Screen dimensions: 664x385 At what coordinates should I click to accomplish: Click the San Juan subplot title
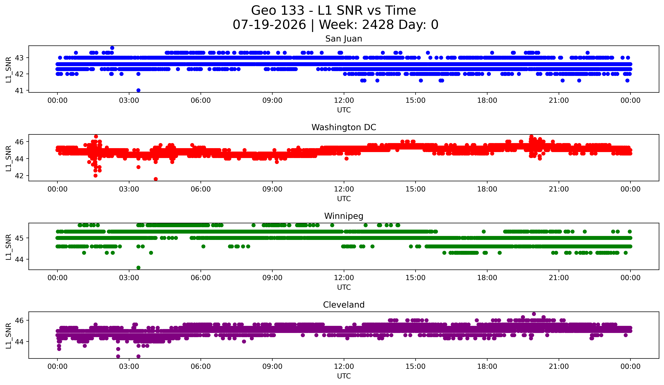pyautogui.click(x=344, y=39)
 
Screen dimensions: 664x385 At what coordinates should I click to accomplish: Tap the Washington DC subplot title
pyautogui.click(x=344, y=127)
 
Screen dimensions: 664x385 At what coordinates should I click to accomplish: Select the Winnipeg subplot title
pyautogui.click(x=344, y=216)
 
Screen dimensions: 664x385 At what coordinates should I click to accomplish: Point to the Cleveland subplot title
pyautogui.click(x=344, y=305)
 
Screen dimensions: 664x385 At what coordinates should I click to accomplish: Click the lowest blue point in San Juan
pyautogui.click(x=138, y=90)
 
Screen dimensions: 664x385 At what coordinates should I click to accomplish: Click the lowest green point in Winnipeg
pyautogui.click(x=138, y=268)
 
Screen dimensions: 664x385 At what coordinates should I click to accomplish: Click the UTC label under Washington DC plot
pyautogui.click(x=344, y=199)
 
